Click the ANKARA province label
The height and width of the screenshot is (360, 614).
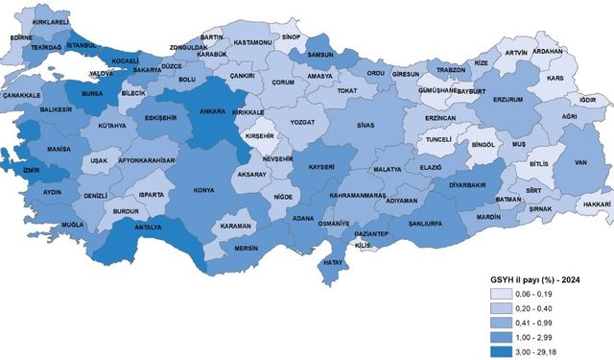212,111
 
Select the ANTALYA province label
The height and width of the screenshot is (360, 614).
146,228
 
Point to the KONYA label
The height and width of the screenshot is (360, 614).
203,190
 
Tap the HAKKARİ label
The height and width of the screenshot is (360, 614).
596,204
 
